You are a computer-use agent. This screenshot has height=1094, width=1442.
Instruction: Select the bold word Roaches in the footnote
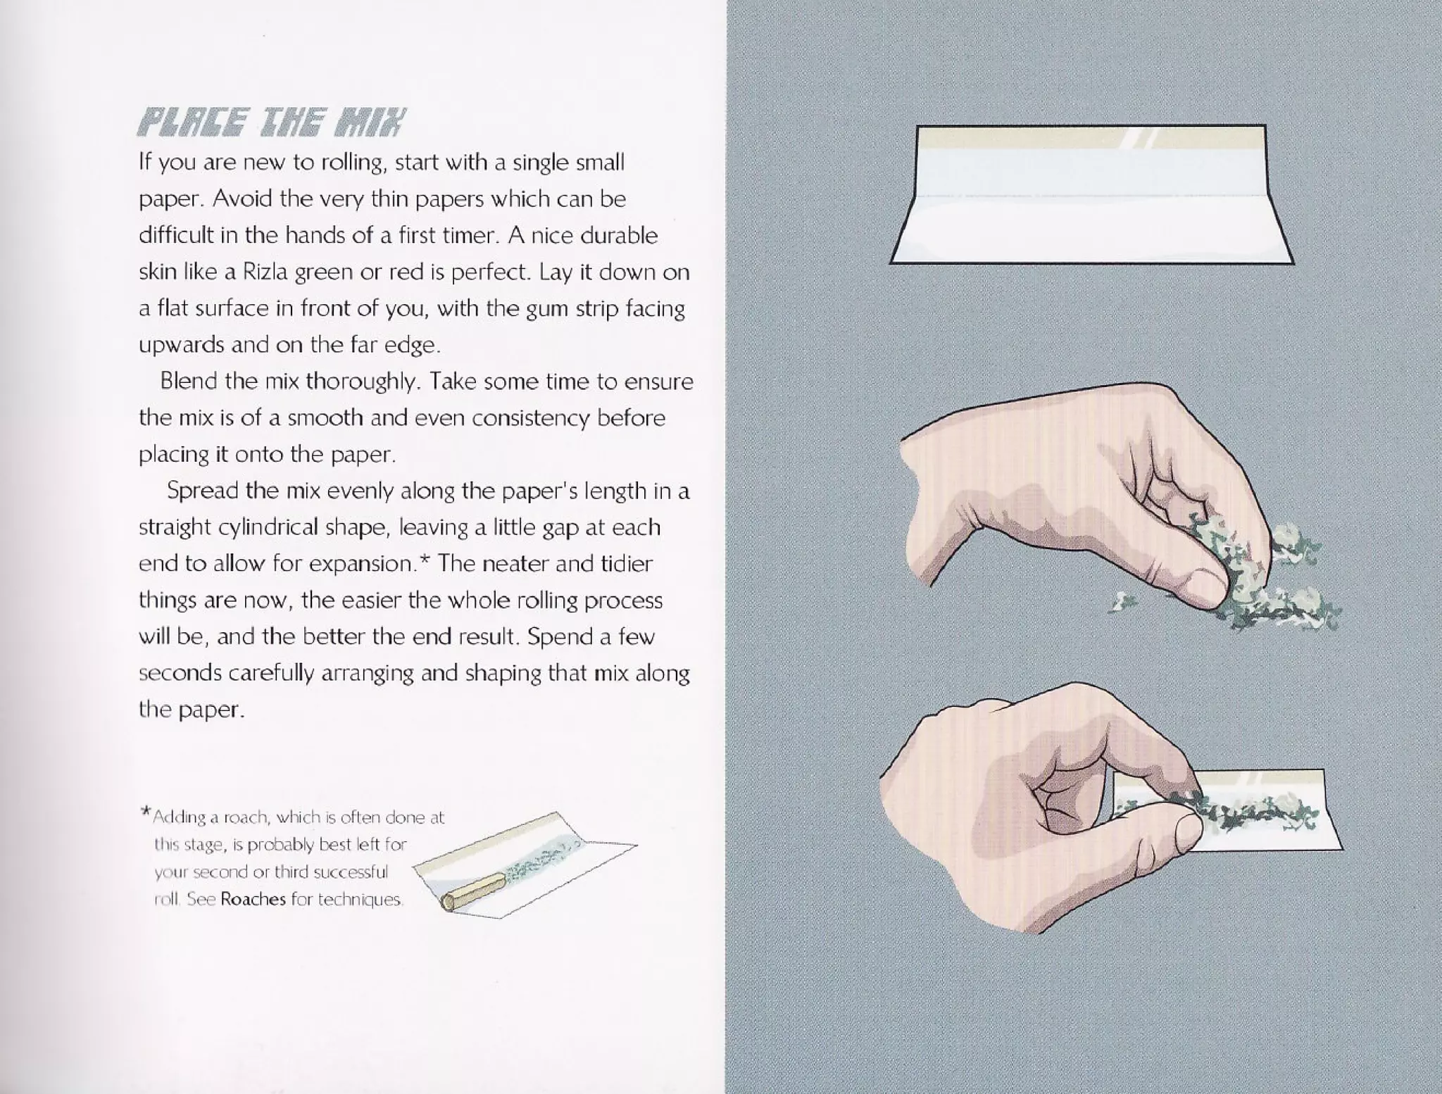(253, 899)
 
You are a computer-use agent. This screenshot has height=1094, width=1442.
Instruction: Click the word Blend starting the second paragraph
(188, 382)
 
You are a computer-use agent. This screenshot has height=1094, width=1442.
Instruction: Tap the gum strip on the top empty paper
(1091, 139)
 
